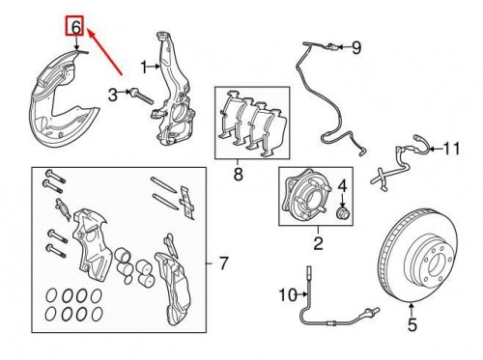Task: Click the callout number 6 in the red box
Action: (72, 25)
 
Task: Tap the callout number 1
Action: (142, 67)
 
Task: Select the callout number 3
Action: (112, 94)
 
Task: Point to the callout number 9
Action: (355, 46)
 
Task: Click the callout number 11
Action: (452, 148)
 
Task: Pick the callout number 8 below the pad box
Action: (237, 175)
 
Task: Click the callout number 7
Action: (223, 263)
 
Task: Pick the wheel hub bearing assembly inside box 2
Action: (301, 198)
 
